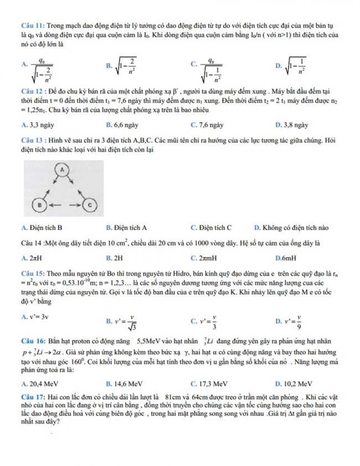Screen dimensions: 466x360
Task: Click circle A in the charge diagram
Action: [63, 166]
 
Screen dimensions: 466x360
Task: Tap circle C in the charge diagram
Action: [90, 204]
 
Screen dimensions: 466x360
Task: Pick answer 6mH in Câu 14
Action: [286, 258]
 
